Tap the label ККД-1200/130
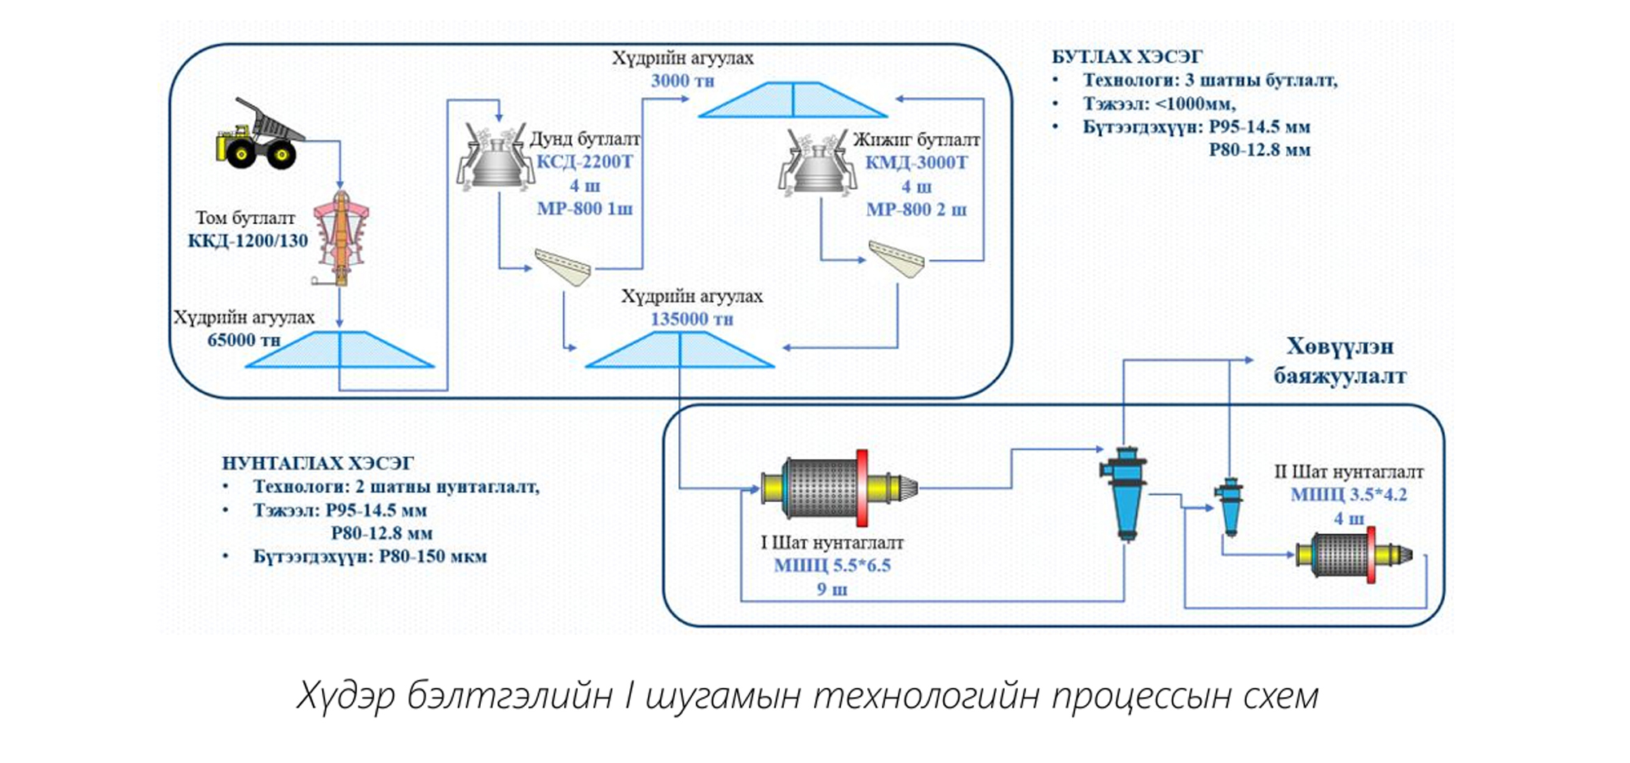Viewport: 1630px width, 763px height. (x=248, y=241)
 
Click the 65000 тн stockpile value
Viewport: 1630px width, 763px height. (x=244, y=340)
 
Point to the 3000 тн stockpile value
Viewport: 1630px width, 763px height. (x=682, y=82)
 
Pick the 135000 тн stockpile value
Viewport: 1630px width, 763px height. (x=691, y=320)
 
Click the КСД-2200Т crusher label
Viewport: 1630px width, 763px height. (x=584, y=162)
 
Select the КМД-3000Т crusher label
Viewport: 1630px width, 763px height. (x=916, y=163)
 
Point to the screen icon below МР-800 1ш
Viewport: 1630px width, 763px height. (x=563, y=267)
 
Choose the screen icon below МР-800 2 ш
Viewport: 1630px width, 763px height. (x=896, y=258)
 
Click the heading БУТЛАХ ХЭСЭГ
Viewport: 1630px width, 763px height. (x=1126, y=57)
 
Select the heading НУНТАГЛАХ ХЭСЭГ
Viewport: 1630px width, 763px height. (x=318, y=464)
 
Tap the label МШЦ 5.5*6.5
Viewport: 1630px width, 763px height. (x=832, y=566)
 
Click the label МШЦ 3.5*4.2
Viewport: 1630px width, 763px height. (x=1349, y=495)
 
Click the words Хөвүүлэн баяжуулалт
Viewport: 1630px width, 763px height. (x=1340, y=361)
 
